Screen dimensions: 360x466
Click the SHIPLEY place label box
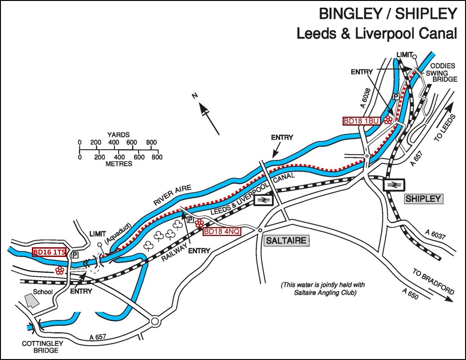[424, 199]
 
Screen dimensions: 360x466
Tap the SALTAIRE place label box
[286, 240]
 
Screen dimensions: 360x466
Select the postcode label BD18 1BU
[361, 121]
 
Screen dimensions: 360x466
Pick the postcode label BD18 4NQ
[222, 231]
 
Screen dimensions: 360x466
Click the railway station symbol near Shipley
[393, 184]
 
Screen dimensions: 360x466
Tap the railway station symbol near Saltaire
[264, 200]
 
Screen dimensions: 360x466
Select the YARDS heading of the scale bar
[118, 135]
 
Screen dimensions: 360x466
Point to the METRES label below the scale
[118, 164]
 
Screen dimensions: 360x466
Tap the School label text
[42, 292]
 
